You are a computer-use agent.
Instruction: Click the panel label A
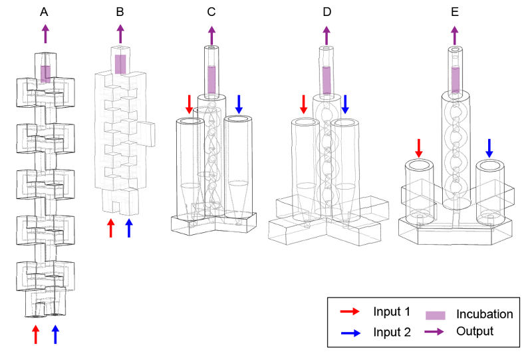[44, 11]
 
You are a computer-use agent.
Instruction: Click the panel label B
[120, 11]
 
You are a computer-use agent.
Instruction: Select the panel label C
[211, 11]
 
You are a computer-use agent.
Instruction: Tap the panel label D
[326, 11]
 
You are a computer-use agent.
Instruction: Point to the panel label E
[454, 11]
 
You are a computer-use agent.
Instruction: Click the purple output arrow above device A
[45, 34]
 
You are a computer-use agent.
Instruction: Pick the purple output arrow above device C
[211, 35]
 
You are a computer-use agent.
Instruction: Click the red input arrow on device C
[189, 104]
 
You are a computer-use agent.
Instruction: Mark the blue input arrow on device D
[345, 104]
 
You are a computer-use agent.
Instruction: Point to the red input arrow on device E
[419, 148]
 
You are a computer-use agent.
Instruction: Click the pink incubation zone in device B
[120, 64]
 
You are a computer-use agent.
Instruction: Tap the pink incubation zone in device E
[455, 80]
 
